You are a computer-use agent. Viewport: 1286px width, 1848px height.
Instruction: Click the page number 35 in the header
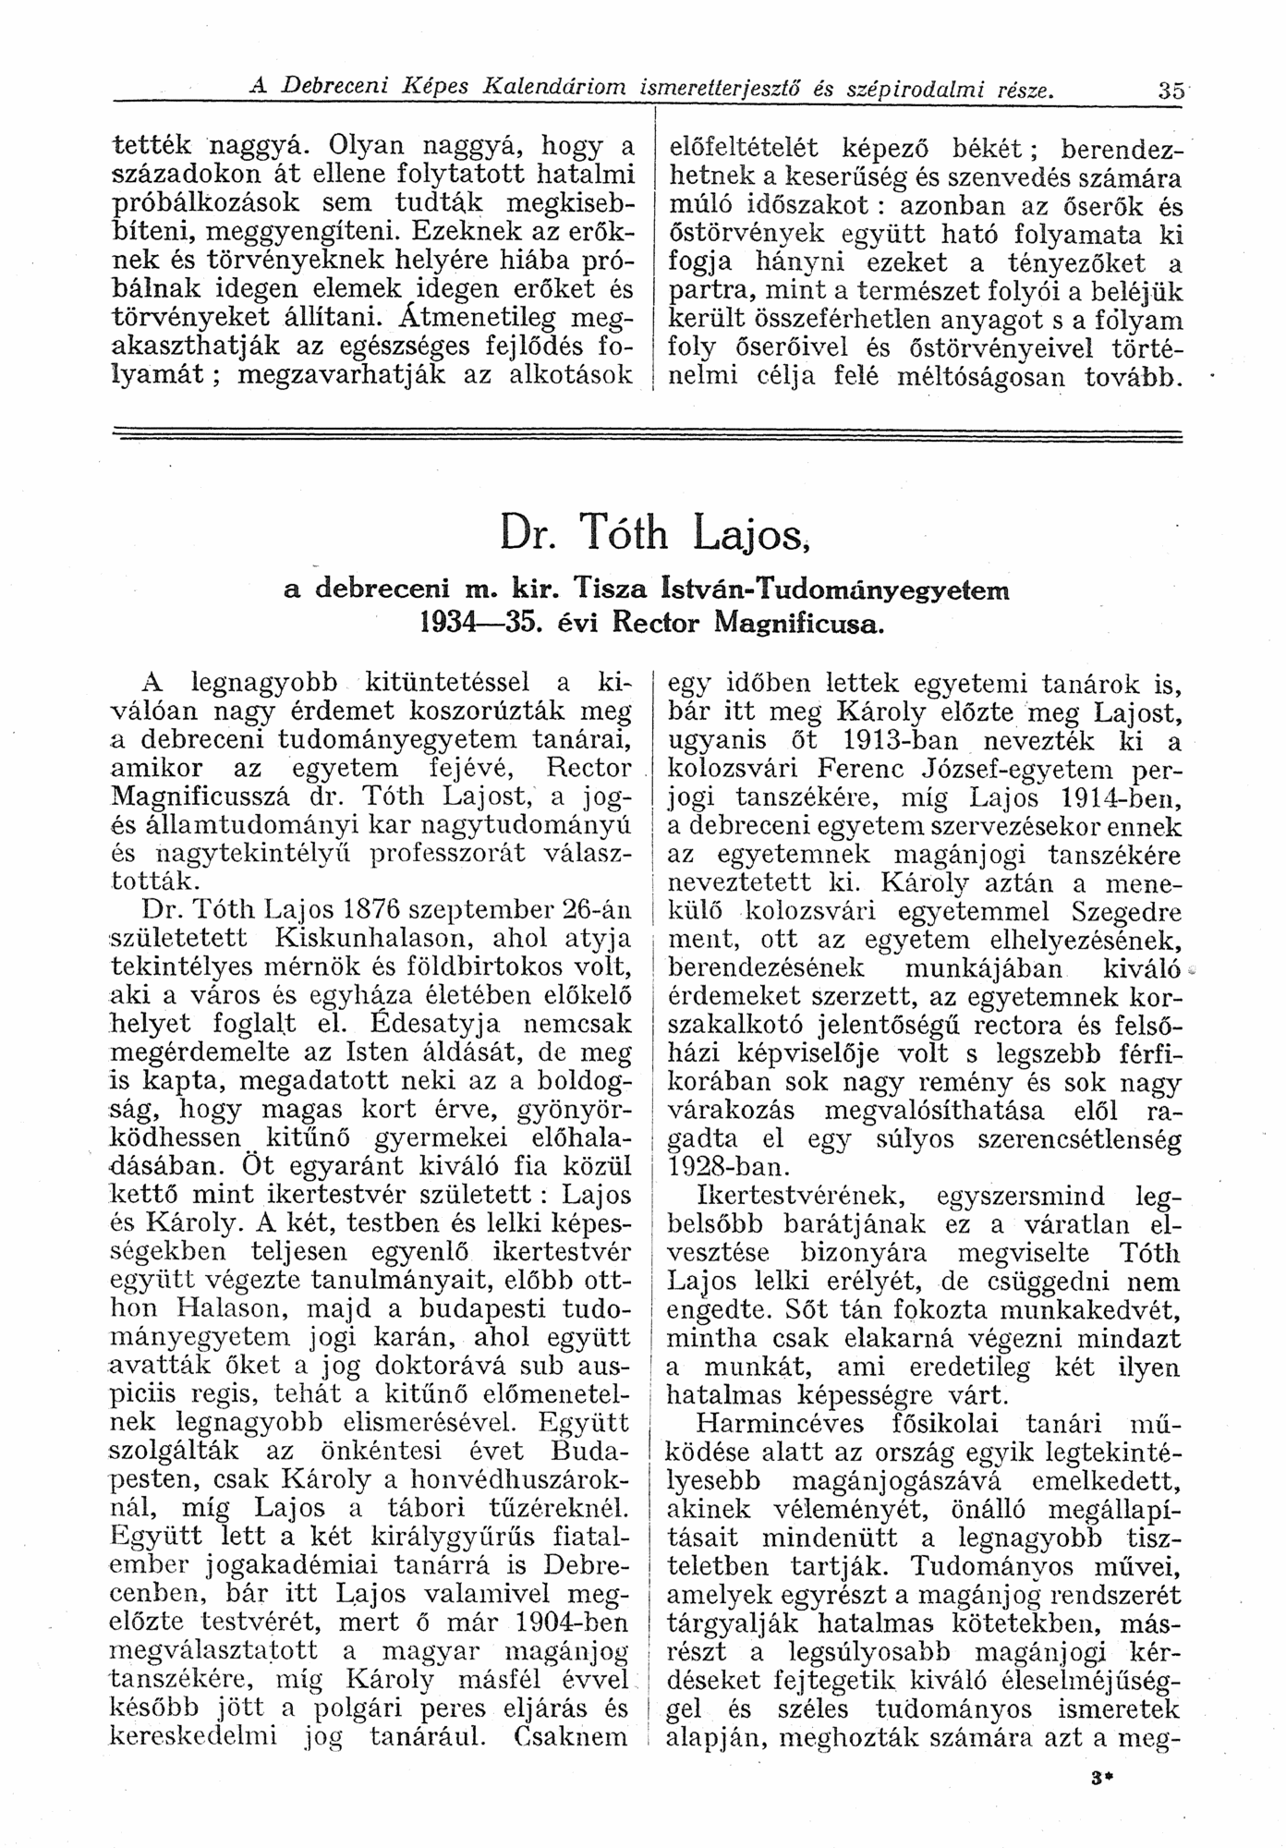1171,91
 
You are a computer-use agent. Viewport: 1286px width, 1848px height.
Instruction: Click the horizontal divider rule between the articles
647,434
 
